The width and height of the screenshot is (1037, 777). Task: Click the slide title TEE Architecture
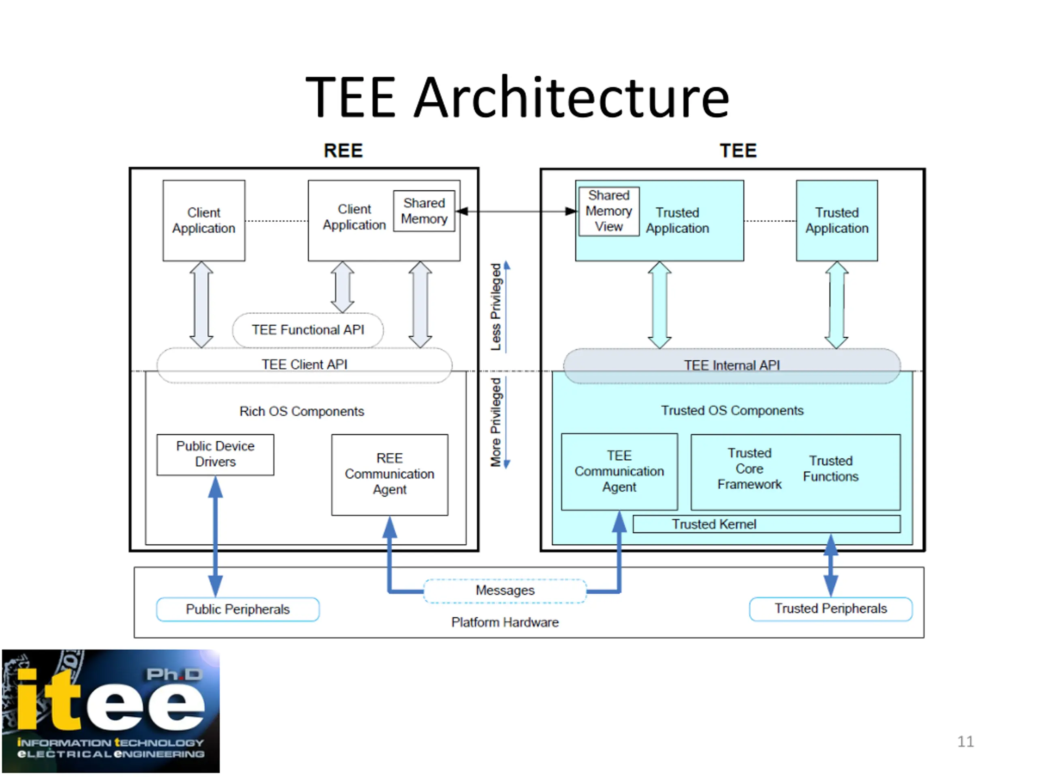(517, 98)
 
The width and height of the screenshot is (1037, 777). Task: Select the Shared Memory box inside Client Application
(424, 211)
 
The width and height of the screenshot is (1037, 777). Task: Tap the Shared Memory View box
(608, 211)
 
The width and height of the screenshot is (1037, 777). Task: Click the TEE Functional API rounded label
(307, 330)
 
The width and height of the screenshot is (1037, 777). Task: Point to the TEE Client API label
(304, 364)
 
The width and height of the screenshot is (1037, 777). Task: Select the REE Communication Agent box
(389, 474)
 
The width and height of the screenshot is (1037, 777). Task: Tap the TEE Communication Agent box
(619, 471)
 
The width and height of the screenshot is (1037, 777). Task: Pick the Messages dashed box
(505, 590)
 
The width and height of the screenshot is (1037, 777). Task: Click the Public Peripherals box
(238, 609)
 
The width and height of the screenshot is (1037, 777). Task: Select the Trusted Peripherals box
(830, 608)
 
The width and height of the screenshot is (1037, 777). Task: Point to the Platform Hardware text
(505, 622)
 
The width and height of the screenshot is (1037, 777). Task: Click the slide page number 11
(965, 741)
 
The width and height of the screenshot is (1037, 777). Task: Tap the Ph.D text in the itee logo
(174, 675)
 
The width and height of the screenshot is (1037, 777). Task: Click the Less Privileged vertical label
(495, 307)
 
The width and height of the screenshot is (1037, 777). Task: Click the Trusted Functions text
(830, 469)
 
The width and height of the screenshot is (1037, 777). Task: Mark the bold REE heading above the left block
(343, 151)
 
